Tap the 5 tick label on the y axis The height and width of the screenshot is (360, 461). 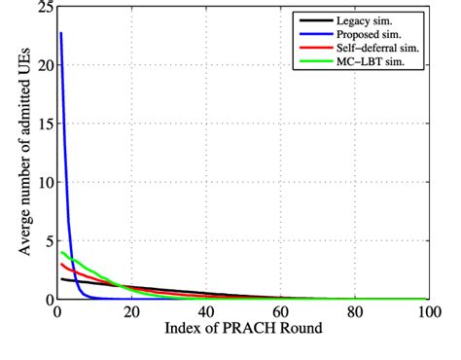(47, 241)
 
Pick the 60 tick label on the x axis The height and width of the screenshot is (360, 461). (279, 312)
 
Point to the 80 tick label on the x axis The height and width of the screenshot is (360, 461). (354, 312)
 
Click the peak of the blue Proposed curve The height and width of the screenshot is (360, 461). (60, 33)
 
